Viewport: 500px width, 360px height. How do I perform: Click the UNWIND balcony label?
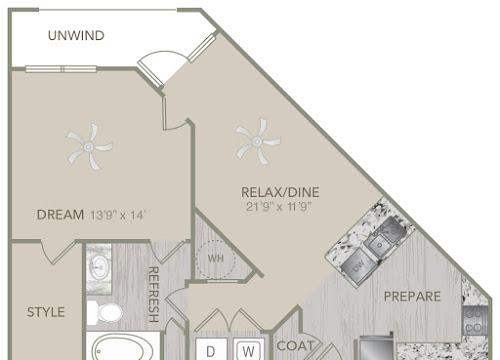click(76, 35)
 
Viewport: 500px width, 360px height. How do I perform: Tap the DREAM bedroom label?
click(60, 215)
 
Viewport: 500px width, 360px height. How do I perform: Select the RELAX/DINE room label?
click(280, 192)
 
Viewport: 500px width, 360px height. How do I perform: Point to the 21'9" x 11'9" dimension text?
click(279, 207)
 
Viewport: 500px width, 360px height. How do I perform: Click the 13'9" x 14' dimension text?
click(117, 215)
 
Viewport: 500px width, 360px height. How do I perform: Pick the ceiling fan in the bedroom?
click(89, 146)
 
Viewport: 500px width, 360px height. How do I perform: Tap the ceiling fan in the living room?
click(257, 142)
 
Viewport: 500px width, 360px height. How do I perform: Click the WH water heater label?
click(216, 258)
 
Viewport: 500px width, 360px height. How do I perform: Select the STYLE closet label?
click(46, 312)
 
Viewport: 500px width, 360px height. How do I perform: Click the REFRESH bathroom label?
click(153, 294)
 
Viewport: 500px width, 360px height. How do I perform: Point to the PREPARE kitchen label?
click(412, 296)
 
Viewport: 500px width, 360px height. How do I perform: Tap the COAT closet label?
click(296, 346)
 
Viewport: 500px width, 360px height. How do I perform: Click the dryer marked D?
click(211, 349)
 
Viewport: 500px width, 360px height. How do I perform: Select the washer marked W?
click(249, 349)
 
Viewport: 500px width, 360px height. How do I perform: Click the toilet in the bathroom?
click(105, 313)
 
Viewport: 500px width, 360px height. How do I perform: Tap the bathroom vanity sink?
click(99, 267)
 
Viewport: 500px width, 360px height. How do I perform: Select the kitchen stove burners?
click(475, 321)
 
